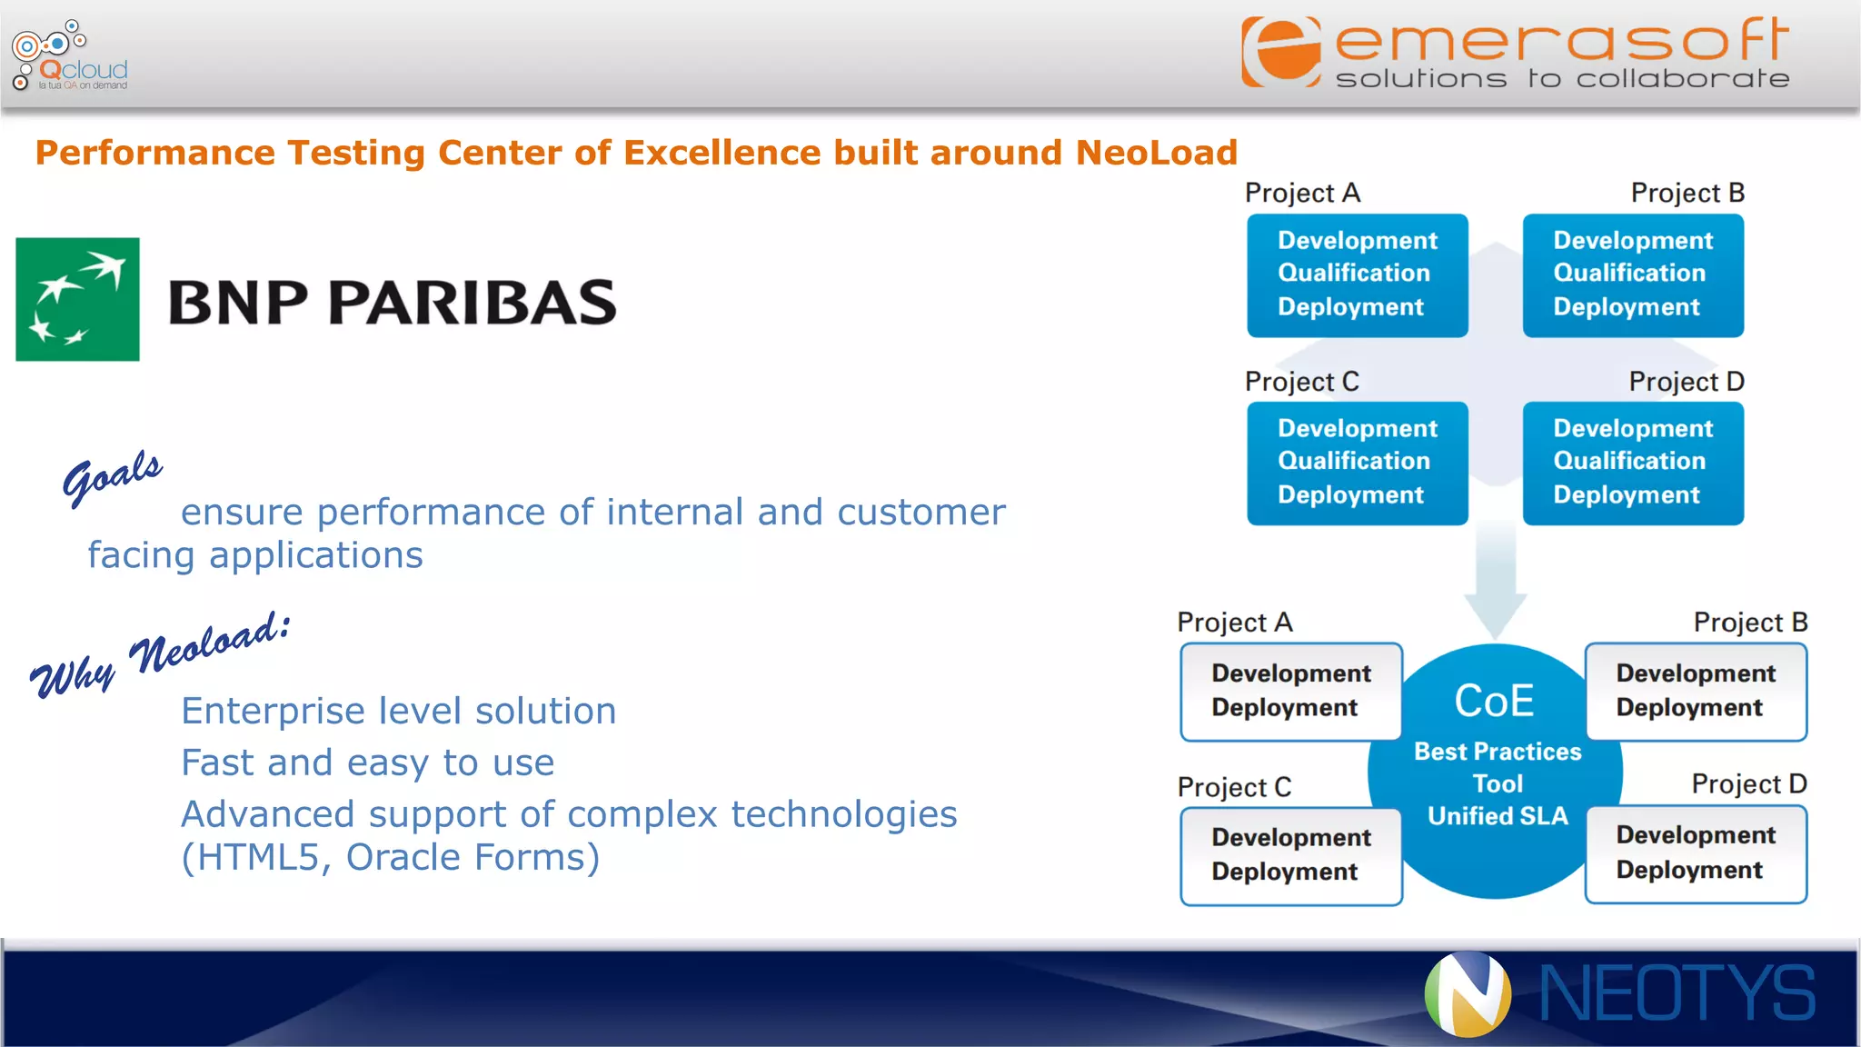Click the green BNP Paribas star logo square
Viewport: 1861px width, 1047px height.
77,299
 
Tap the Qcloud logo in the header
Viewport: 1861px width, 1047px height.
70,56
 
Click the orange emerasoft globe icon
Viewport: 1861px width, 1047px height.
1281,52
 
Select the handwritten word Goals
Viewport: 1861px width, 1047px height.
112,476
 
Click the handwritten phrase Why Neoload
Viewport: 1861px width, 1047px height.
160,654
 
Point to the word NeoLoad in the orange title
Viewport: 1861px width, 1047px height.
1156,153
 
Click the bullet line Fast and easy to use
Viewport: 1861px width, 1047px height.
367,763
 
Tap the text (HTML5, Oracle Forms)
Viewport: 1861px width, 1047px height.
391,857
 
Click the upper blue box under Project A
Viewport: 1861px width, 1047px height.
1357,275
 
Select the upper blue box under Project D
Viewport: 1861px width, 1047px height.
1633,464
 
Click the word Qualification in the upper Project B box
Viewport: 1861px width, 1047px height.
1629,273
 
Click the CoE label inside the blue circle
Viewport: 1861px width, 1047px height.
1494,702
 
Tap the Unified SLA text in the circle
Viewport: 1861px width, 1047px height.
1498,816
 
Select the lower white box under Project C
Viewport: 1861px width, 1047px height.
1290,855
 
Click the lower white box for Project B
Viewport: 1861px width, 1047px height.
1696,692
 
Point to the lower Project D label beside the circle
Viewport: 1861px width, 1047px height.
1748,783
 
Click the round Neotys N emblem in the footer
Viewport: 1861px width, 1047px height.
1468,994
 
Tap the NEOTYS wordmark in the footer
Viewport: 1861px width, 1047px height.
1677,994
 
